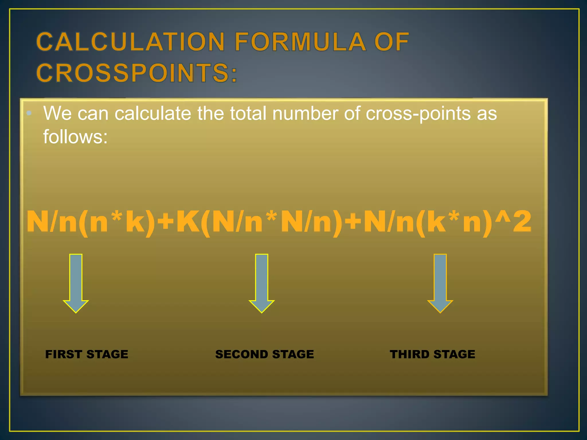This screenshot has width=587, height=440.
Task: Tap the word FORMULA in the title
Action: pos(300,42)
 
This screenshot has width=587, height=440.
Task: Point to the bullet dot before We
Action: pos(29,113)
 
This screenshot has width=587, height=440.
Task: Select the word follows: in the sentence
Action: pos(75,137)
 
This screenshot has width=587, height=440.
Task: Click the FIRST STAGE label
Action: pos(87,354)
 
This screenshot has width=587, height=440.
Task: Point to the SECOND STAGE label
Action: pos(265,354)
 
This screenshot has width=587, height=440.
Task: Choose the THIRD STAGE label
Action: pos(432,354)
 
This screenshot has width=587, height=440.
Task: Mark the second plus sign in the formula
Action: pos(353,221)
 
